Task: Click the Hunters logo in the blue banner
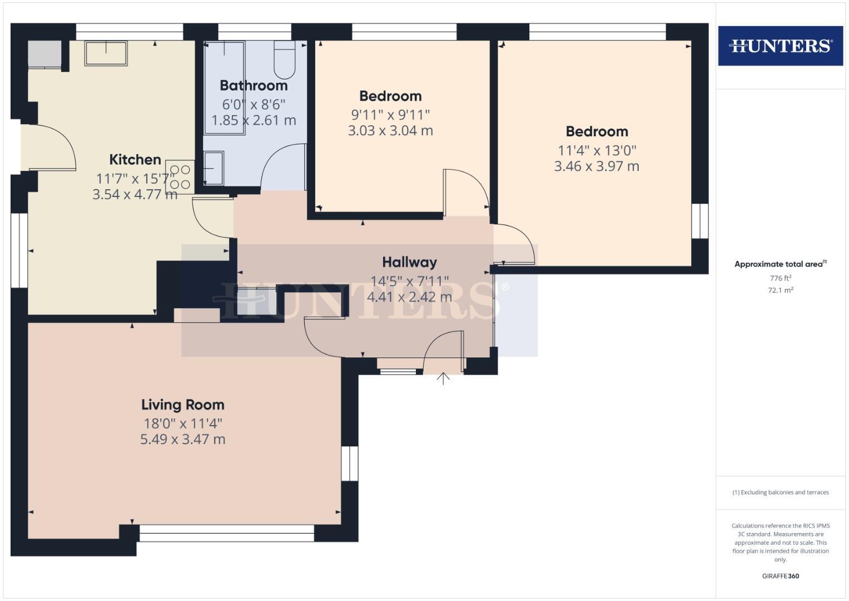tap(780, 46)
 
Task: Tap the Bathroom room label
tap(254, 86)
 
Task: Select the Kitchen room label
tap(135, 160)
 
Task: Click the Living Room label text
tap(182, 405)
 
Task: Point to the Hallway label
tap(409, 262)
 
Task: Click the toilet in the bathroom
tap(285, 61)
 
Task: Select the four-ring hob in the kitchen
tap(180, 177)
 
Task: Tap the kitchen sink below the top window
tap(106, 53)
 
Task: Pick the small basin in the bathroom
tap(214, 168)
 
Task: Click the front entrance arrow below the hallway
tap(443, 379)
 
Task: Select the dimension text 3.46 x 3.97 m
tap(597, 166)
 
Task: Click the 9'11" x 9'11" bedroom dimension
tap(390, 115)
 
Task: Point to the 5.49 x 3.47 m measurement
tap(182, 440)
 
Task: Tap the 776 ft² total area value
tap(780, 278)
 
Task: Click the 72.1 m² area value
tap(780, 290)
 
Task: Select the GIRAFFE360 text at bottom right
tap(780, 576)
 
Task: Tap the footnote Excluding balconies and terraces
tap(780, 492)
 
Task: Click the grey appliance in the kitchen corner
tap(44, 54)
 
